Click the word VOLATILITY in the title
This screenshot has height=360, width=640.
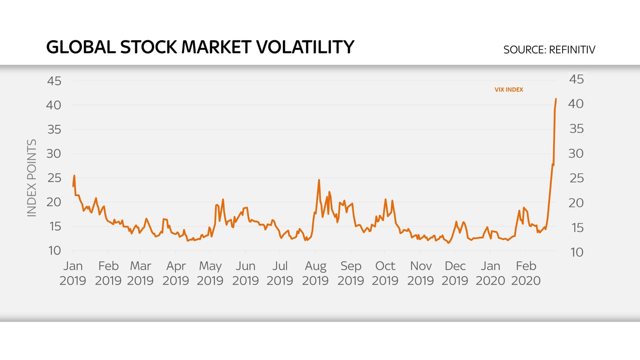(305, 47)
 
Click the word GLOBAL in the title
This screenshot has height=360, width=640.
(81, 47)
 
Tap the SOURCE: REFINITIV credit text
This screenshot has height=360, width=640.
(549, 50)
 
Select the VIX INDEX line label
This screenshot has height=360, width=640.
(508, 90)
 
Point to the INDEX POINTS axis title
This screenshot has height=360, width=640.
(32, 178)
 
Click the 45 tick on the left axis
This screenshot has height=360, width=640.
(54, 81)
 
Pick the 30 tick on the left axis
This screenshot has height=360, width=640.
(54, 154)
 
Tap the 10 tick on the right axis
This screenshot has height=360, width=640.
(577, 252)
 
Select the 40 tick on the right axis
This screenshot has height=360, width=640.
(576, 104)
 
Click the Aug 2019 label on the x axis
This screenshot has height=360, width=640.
(315, 273)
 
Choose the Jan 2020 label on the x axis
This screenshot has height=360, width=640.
(490, 273)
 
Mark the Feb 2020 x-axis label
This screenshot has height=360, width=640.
(526, 273)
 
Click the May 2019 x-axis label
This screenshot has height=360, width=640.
(210, 273)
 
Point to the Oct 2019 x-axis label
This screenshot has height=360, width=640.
(385, 273)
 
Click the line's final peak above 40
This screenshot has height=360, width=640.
(556, 99)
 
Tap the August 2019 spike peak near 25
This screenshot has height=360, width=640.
(319, 180)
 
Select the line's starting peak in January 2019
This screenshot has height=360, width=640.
(74, 176)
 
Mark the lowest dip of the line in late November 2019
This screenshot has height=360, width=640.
(449, 243)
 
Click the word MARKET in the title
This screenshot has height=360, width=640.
(216, 47)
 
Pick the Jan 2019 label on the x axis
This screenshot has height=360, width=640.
(72, 273)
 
